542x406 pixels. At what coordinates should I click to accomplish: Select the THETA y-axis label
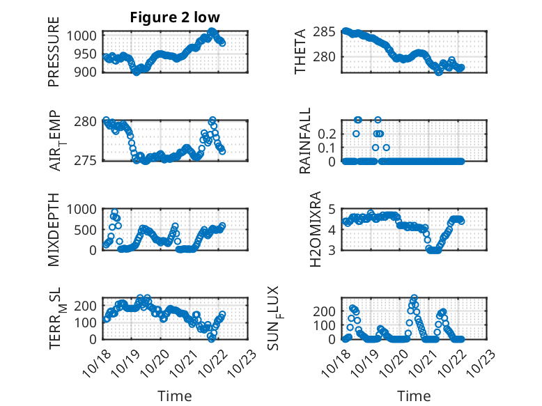pyautogui.click(x=300, y=52)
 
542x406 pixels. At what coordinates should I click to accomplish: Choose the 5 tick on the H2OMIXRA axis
pyautogui.click(x=333, y=209)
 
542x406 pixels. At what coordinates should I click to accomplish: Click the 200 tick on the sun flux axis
pyautogui.click(x=328, y=310)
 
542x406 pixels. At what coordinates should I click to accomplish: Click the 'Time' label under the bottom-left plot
pyautogui.click(x=174, y=396)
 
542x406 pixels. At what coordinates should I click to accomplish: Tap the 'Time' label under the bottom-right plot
pyautogui.click(x=414, y=396)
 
